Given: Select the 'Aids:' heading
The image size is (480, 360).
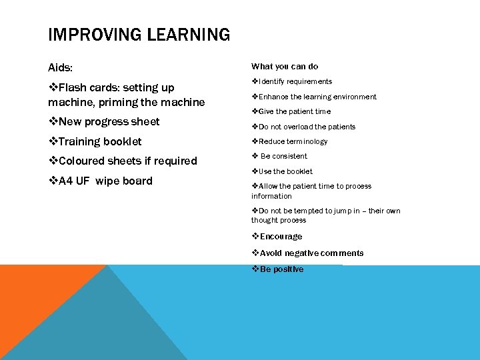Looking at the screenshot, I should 61,68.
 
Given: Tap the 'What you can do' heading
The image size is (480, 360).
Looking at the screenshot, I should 285,67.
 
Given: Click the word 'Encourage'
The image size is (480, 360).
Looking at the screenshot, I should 281,237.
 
